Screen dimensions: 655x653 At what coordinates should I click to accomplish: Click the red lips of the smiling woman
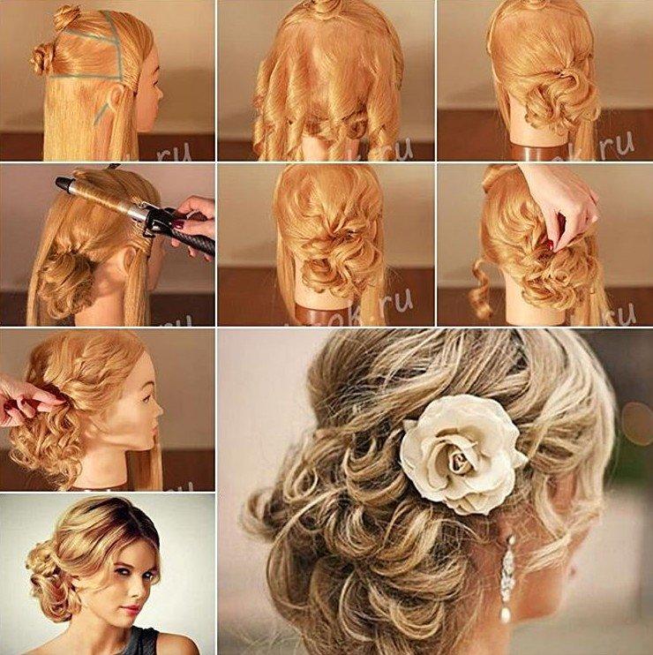132,609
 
